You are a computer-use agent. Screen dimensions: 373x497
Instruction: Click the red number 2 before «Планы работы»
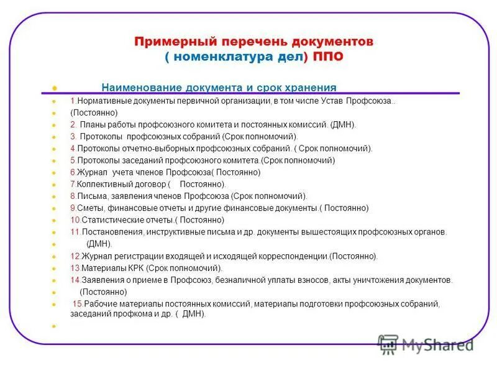click(72, 125)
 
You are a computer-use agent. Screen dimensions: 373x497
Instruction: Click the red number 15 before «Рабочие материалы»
click(78, 304)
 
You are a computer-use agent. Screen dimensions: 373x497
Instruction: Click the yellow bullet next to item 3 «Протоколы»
click(55, 137)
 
